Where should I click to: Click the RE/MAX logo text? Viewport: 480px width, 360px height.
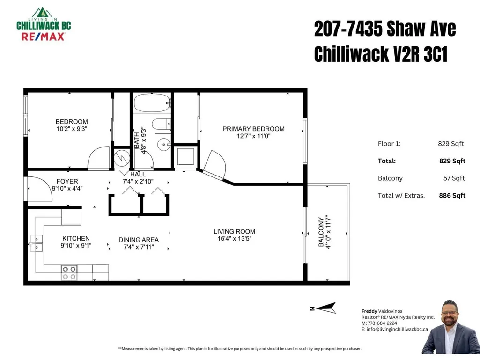tap(43, 37)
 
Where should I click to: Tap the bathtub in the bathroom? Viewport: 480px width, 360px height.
tap(152, 103)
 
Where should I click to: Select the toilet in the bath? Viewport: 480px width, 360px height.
tap(161, 124)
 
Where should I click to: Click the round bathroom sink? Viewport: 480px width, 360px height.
tap(164, 145)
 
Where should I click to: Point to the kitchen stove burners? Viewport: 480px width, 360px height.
tap(69, 273)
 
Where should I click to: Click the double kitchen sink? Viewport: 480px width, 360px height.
tap(36, 243)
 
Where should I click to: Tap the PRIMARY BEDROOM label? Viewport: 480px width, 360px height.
tap(253, 129)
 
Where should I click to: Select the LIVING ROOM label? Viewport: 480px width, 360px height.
tap(235, 231)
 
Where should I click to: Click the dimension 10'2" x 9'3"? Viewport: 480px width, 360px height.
tap(72, 129)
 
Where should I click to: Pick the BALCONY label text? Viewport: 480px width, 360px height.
tap(321, 232)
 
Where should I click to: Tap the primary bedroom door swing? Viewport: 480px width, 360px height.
tap(215, 165)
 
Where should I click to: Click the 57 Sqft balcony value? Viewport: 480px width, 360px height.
tap(454, 178)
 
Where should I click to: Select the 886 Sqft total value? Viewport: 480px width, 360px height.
tap(452, 195)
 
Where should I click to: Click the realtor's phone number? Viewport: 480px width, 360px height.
tap(382, 323)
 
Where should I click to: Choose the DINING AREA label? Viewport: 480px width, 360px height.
tap(139, 240)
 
